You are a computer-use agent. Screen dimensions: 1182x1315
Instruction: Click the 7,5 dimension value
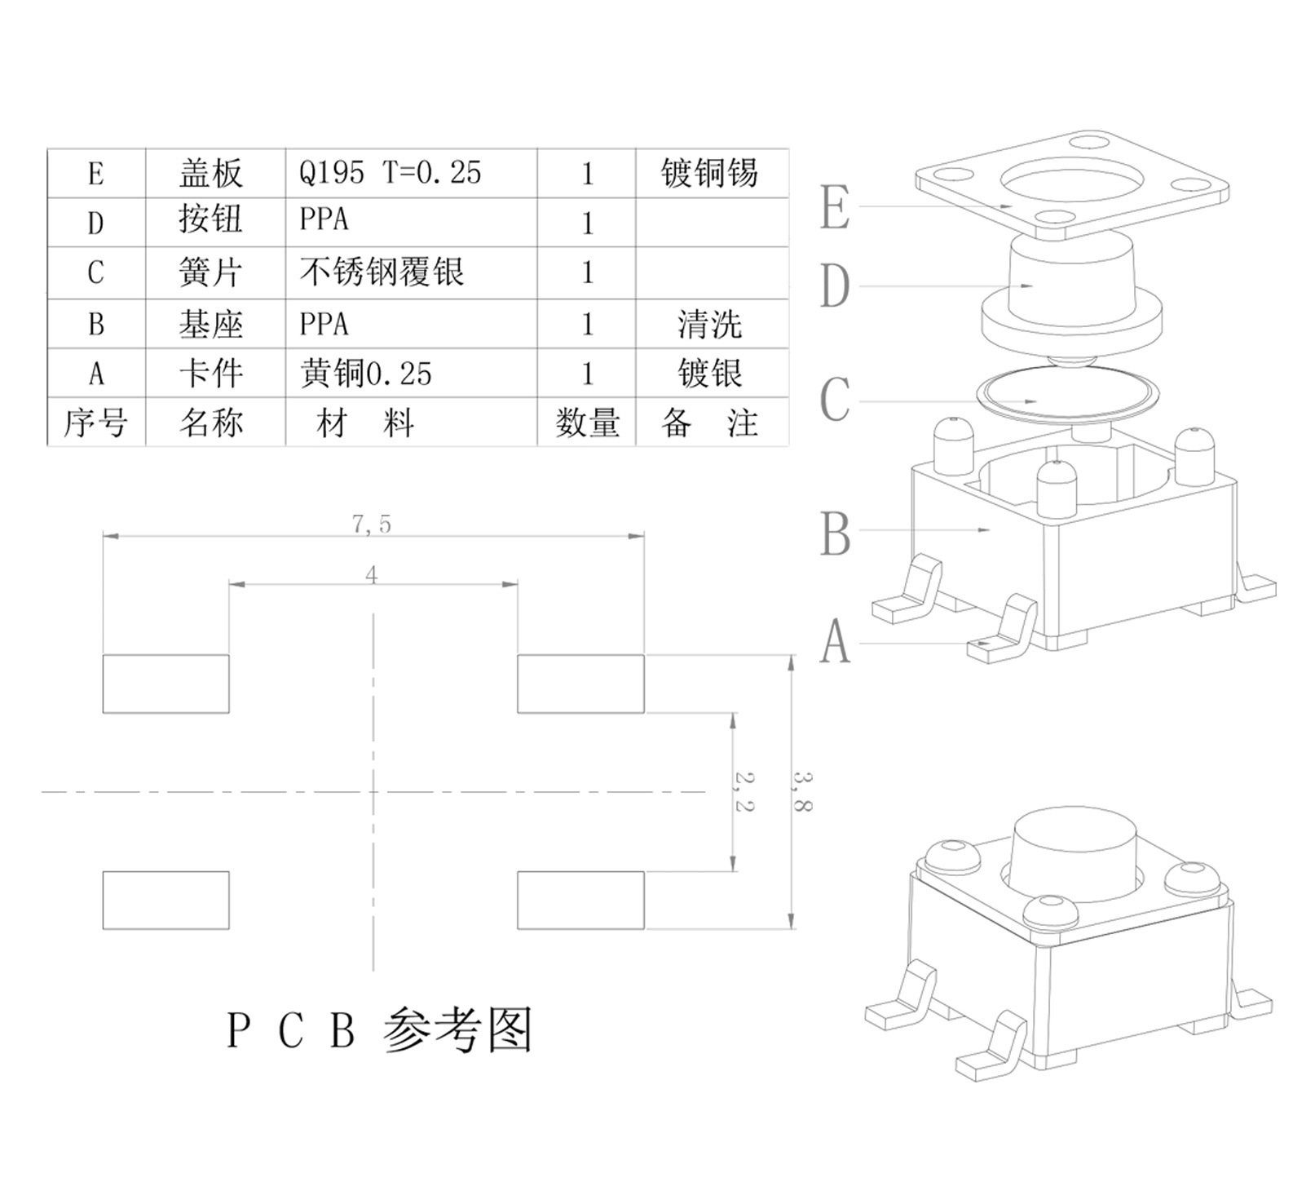(372, 525)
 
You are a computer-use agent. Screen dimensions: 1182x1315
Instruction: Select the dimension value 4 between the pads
(372, 576)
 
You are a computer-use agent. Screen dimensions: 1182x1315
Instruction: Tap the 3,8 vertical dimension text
(802, 791)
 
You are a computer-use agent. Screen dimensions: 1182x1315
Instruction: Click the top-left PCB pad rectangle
(165, 684)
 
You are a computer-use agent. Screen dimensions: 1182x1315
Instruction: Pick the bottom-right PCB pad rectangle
(580, 900)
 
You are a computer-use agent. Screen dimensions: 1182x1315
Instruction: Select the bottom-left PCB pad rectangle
(165, 900)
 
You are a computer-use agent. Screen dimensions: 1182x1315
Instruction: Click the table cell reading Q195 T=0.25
(391, 173)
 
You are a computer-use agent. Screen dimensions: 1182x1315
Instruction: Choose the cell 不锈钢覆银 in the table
(382, 272)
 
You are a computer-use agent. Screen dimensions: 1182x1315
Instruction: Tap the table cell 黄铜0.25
(366, 374)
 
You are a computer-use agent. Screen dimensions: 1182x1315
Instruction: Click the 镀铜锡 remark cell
(709, 173)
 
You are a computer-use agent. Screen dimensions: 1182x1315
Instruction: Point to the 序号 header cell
(95, 423)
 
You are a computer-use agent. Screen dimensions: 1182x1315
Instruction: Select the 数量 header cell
(587, 423)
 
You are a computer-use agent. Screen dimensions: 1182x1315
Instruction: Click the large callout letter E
(835, 208)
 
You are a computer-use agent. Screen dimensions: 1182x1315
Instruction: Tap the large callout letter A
(835, 643)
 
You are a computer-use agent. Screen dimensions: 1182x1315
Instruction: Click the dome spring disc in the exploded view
(1068, 397)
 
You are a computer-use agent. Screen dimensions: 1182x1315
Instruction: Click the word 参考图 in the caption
(457, 1029)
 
